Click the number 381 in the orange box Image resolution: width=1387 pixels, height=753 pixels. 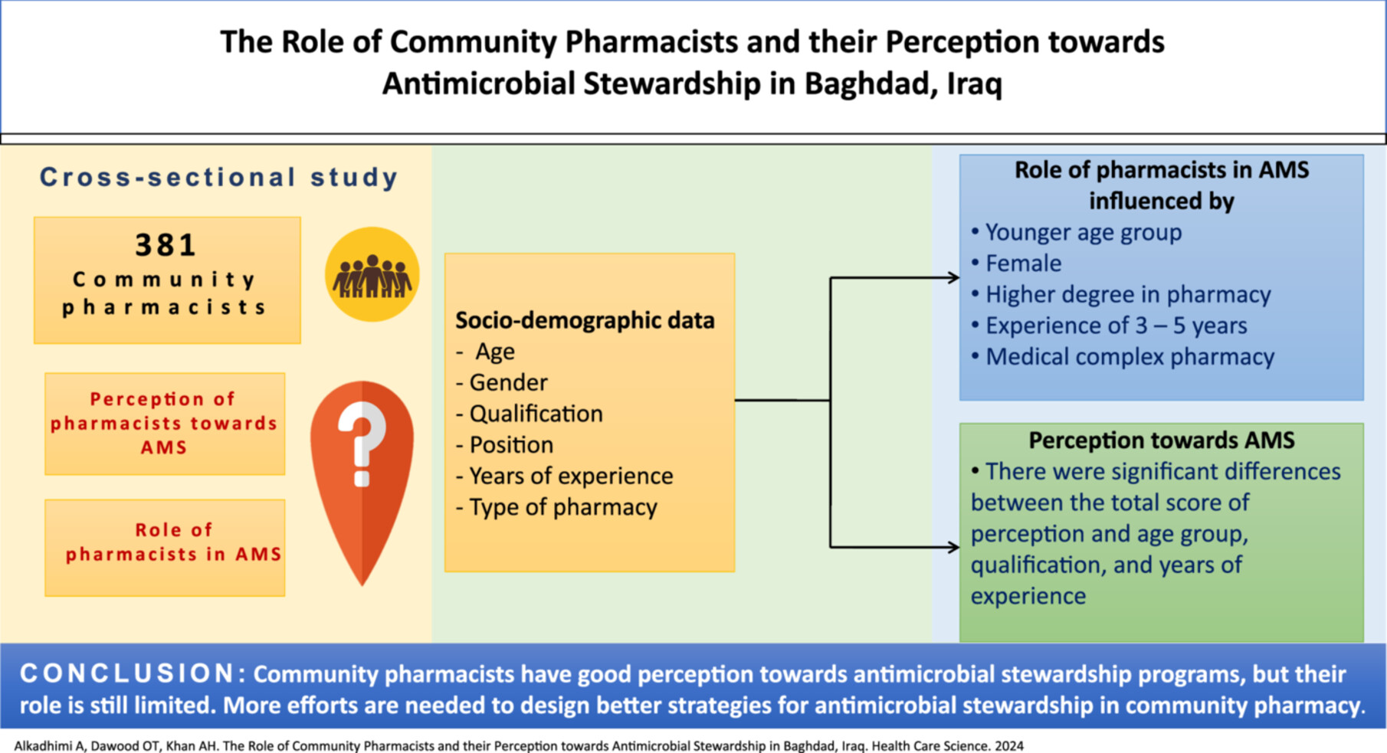(166, 245)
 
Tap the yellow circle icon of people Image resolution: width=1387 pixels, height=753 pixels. (372, 274)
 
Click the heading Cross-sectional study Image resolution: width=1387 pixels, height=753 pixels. (219, 177)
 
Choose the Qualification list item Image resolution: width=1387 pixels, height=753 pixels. (530, 414)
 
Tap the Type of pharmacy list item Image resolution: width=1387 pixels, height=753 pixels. (556, 507)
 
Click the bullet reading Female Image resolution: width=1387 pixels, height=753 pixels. (1016, 264)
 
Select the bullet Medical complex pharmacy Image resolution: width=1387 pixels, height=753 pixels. (1123, 357)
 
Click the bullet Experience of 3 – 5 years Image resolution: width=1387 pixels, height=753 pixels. (1109, 326)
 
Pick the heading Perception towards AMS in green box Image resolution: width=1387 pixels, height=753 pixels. (1162, 440)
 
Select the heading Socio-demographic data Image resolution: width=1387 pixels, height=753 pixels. (585, 320)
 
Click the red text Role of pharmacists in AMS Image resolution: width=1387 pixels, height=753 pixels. (174, 542)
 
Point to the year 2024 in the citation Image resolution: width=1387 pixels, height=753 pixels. (1009, 745)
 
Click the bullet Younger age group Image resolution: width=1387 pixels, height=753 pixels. (1077, 232)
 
